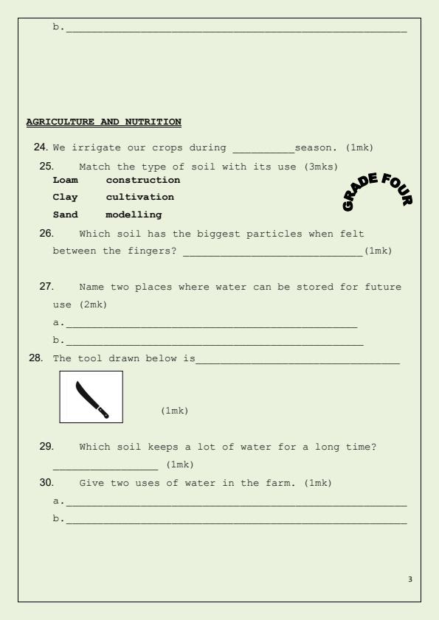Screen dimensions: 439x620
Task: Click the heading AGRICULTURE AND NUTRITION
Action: pos(103,122)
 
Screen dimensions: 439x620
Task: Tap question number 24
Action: pos(41,147)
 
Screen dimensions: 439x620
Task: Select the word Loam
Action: pos(65,180)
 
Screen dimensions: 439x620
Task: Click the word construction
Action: pos(143,180)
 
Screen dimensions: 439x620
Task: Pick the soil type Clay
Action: pos(65,197)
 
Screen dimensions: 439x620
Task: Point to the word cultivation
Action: pos(140,197)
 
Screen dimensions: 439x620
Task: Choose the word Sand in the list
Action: pos(65,215)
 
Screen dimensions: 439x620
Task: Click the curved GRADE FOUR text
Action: pos(378,189)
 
